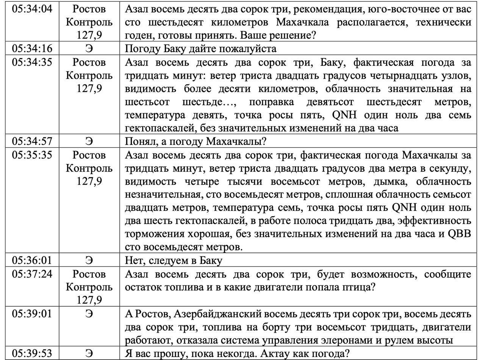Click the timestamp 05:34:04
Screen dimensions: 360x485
pos(32,9)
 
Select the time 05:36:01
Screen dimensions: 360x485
pos(32,260)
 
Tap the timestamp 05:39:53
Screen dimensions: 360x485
pos(32,353)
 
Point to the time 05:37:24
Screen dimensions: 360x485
pos(32,274)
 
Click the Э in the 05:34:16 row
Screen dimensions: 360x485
pos(89,49)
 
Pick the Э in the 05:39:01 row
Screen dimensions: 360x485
pos(89,314)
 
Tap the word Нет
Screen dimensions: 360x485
pos(134,260)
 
